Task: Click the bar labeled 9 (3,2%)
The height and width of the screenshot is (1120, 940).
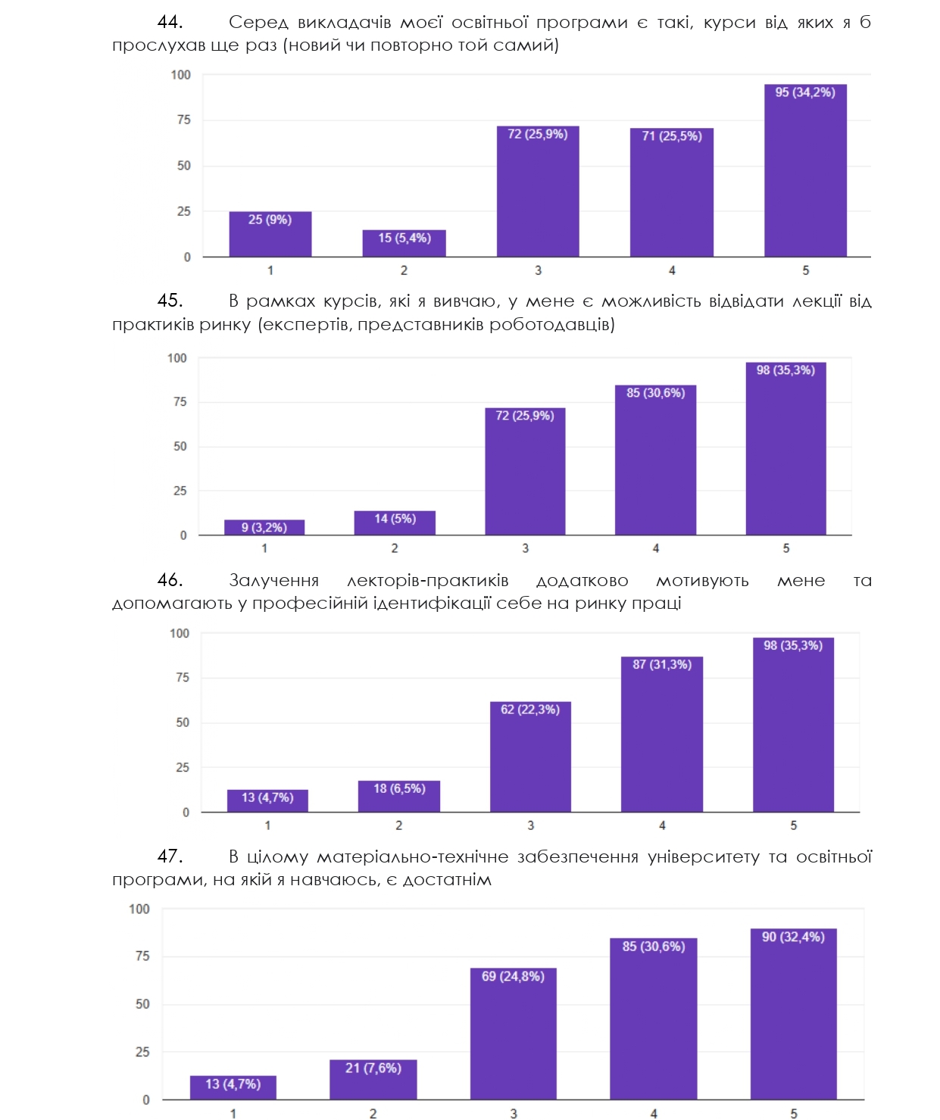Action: coord(264,528)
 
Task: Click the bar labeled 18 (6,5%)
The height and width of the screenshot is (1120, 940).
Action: coord(399,797)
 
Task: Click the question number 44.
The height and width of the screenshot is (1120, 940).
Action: coord(170,23)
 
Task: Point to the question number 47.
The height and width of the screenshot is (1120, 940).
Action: coord(170,856)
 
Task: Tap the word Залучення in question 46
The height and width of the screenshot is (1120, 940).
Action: coord(273,581)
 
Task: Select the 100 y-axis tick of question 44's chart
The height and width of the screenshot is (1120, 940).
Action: coord(181,75)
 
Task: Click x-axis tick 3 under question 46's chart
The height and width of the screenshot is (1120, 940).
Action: coord(530,825)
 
